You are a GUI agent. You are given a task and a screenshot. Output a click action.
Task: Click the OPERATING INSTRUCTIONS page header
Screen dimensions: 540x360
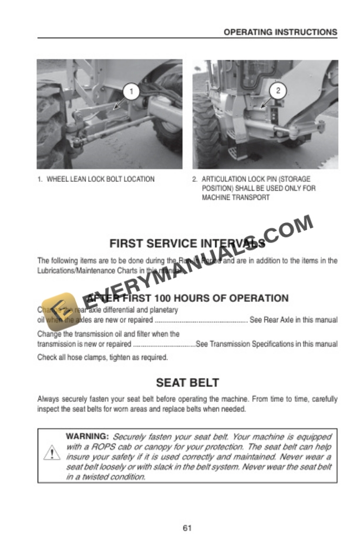coord(280,32)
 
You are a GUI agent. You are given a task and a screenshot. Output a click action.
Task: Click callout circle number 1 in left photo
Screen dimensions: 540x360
coord(132,91)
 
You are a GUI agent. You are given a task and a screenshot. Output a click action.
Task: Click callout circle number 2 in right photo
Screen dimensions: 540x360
coord(278,91)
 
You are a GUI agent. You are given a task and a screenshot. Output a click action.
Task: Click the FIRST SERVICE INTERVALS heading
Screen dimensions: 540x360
coord(187,243)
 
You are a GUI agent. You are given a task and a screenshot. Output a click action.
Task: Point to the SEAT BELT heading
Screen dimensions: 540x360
coord(187,382)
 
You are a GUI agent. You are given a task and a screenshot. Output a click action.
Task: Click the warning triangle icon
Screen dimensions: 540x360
coord(52,454)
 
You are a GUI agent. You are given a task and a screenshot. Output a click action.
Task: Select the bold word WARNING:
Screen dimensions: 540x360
coord(87,436)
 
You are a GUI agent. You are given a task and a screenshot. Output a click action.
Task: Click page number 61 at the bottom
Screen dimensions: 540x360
coord(187,528)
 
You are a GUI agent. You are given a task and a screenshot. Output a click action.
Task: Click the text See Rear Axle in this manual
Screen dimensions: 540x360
coord(294,320)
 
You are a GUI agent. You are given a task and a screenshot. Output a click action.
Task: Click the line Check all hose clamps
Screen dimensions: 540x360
coord(102,357)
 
